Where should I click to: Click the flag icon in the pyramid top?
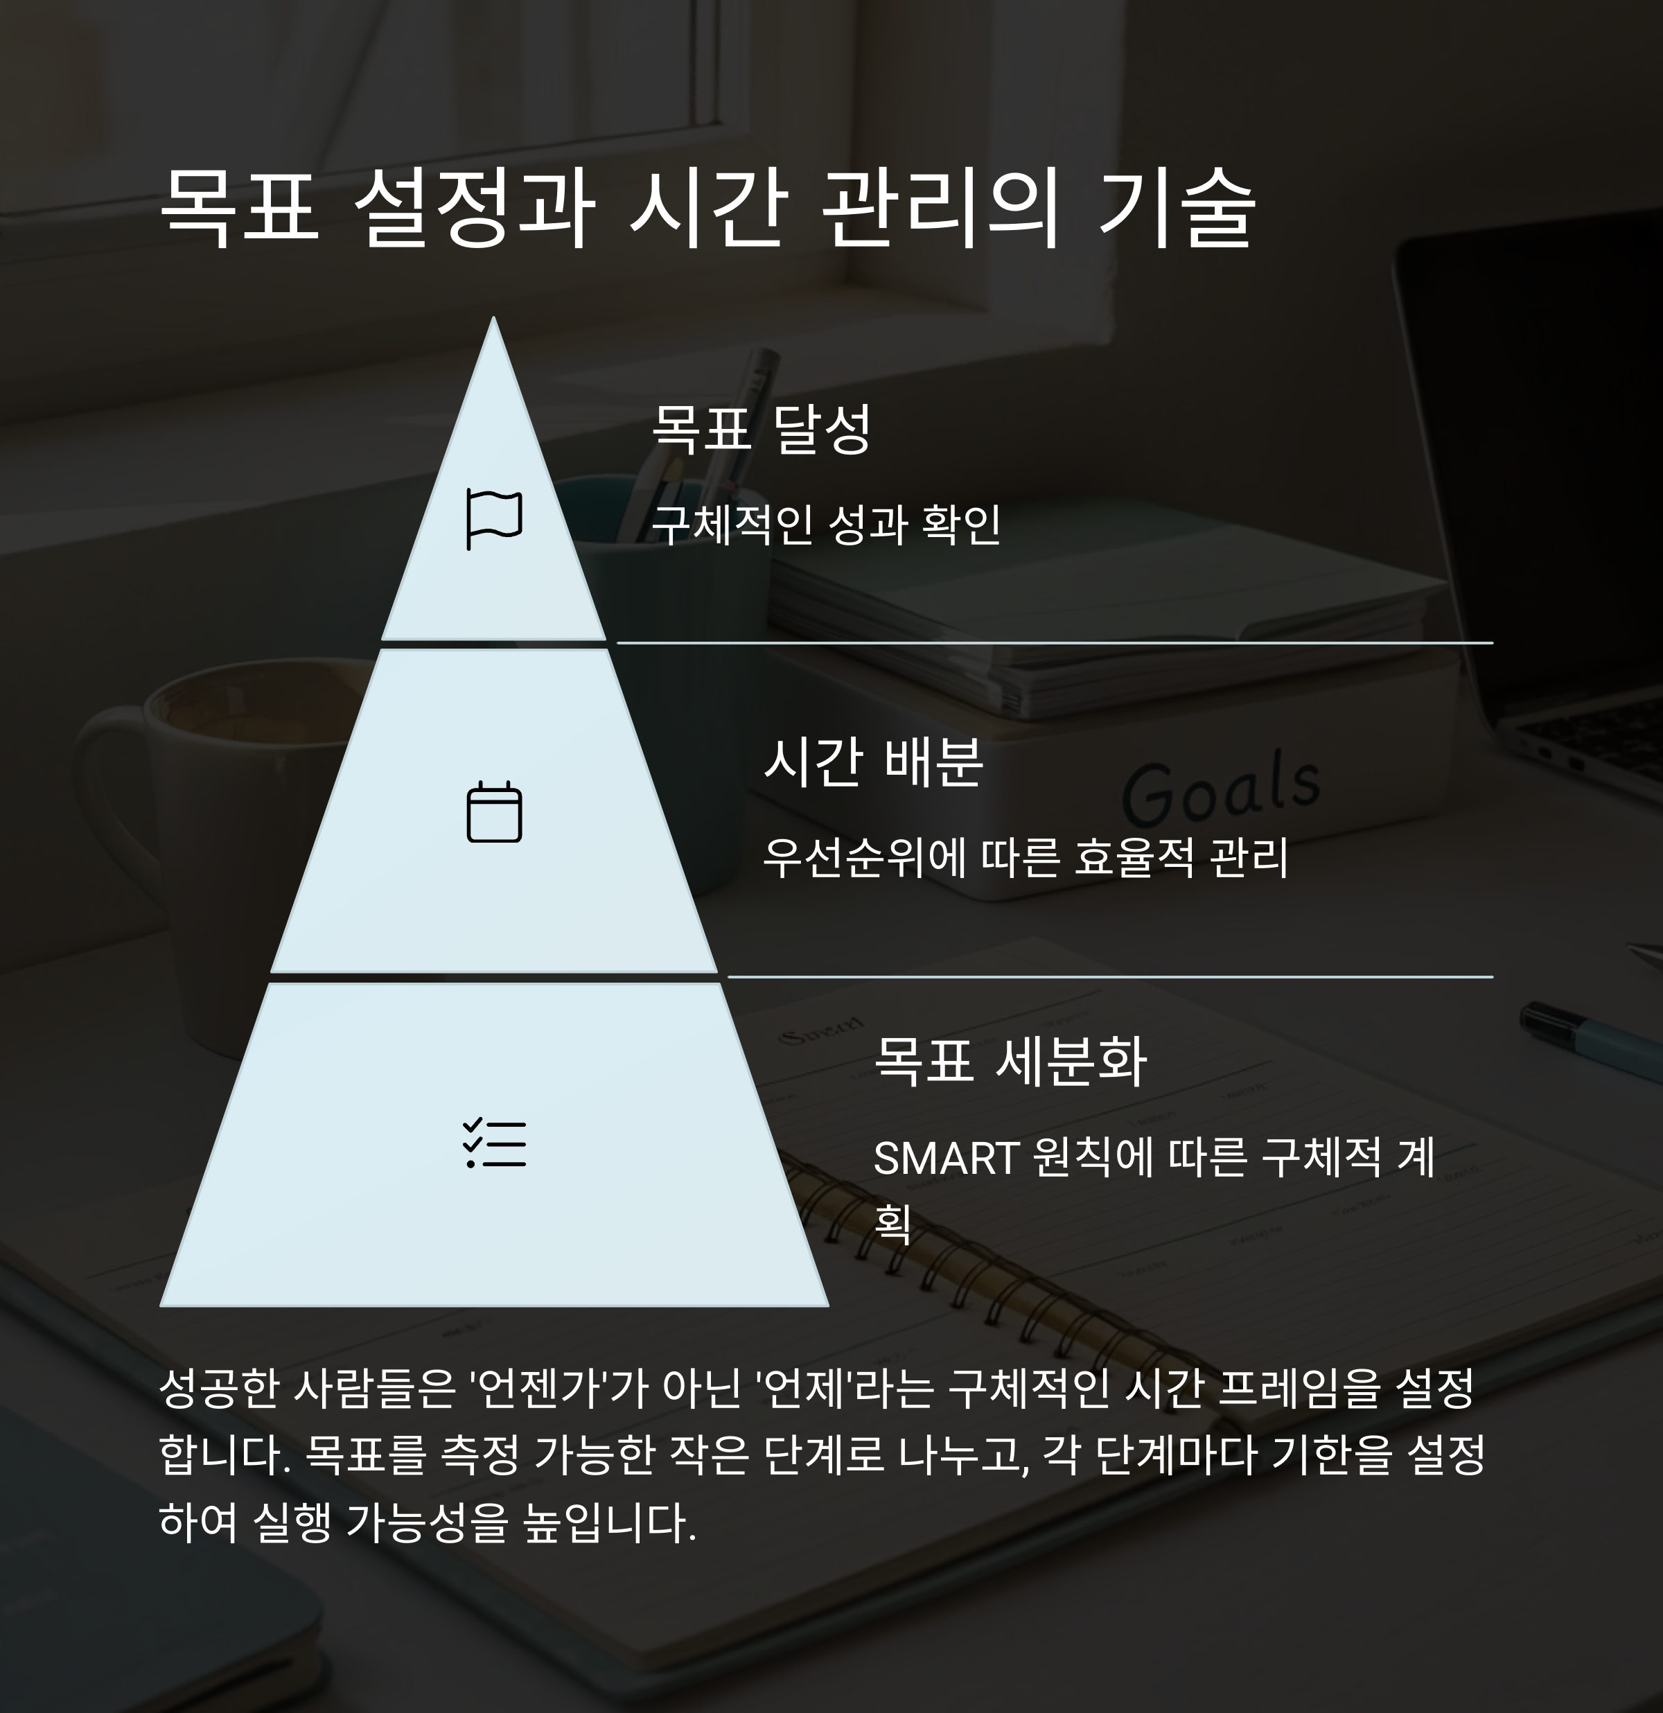pyautogui.click(x=494, y=519)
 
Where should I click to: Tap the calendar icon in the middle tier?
pyautogui.click(x=494, y=813)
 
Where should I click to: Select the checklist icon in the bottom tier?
pyautogui.click(x=494, y=1143)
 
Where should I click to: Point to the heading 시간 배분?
pyautogui.click(x=873, y=762)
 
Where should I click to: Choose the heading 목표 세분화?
pyautogui.click(x=1010, y=1061)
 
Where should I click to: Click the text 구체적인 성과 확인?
pyautogui.click(x=826, y=525)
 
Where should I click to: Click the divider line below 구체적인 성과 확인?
pyautogui.click(x=1054, y=642)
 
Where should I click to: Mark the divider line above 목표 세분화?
pyautogui.click(x=1110, y=976)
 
